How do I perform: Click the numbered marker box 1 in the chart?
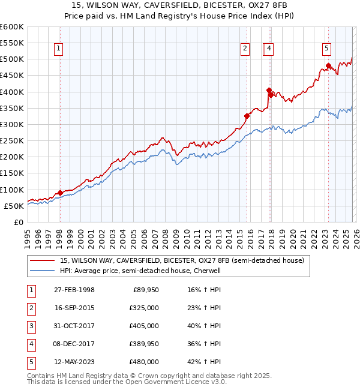coord(59,49)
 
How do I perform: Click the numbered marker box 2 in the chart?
coord(245,49)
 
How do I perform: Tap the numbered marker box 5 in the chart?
coord(326,49)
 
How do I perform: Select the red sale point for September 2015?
coord(247,116)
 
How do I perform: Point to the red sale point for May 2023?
coord(328,65)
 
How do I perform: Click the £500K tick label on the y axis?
coord(12,59)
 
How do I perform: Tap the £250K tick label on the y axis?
coord(12,141)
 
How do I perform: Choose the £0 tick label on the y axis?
coord(18,222)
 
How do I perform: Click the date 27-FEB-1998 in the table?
coord(74,290)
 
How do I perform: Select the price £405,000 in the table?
coord(144,326)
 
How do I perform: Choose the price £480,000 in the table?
coord(144,362)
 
